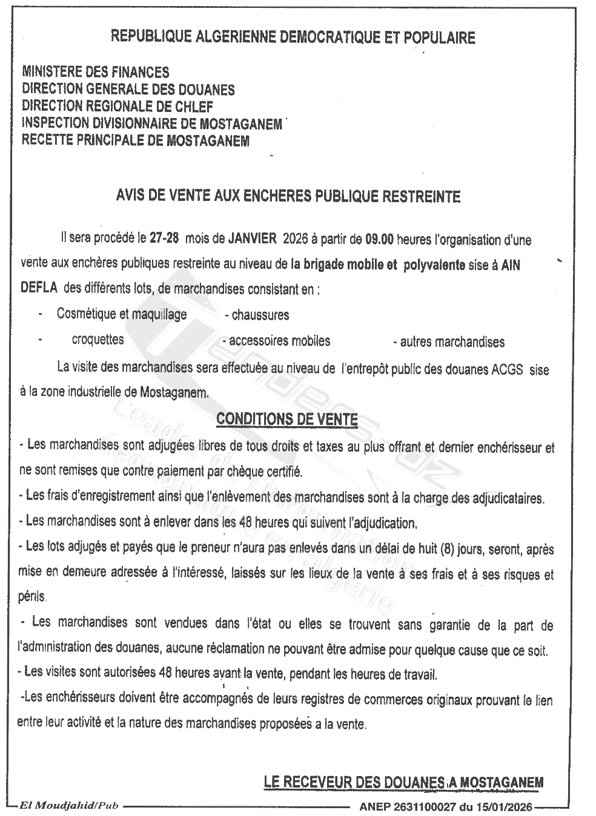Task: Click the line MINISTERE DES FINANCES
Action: pos(95,73)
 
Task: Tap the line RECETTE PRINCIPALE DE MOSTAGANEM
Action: pos(135,141)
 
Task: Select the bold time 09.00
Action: pos(379,239)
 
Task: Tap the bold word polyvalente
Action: pos(434,265)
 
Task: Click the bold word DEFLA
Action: pos(39,289)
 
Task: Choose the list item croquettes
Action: pos(98,340)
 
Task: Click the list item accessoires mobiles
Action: pos(279,341)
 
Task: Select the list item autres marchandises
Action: pos(451,342)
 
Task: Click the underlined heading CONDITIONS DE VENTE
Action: pos(287,418)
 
